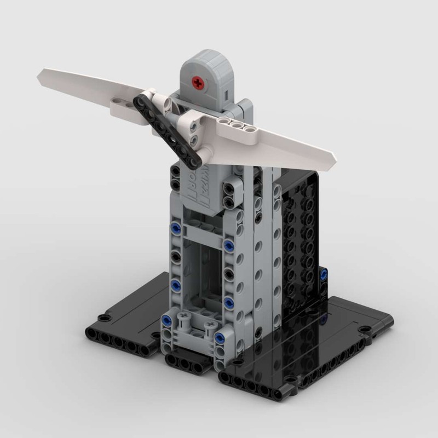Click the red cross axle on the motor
198,83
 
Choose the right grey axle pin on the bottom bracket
209,327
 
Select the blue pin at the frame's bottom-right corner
221,337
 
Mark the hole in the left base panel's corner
102,318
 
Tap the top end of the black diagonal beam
139,99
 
